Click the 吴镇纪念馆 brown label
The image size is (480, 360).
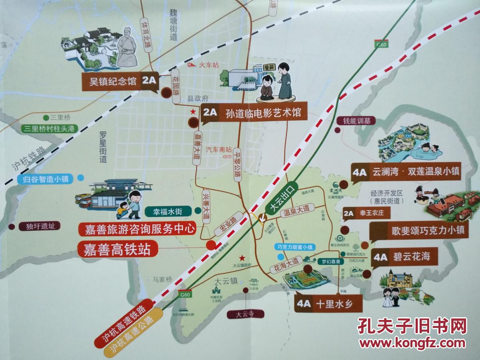120,82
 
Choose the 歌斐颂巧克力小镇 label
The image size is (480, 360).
418,230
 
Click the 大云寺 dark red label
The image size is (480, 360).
245,314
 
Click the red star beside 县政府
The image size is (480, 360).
193,111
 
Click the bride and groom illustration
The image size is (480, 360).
390,296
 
